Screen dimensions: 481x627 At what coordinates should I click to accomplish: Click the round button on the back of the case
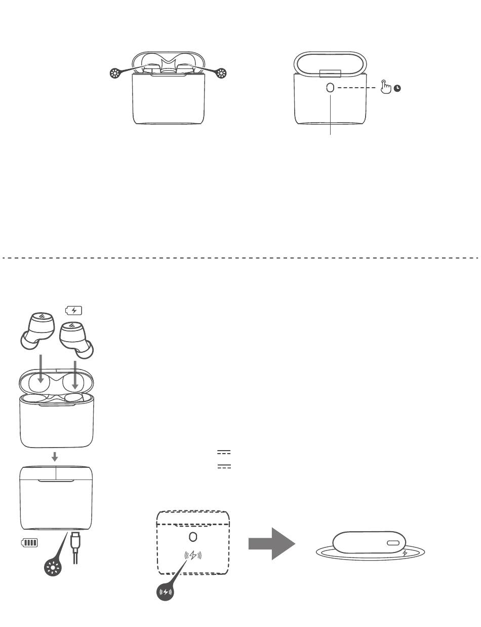pyautogui.click(x=331, y=88)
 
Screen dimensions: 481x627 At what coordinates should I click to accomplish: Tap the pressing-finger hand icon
pyautogui.click(x=386, y=87)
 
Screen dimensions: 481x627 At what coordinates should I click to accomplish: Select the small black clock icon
pyautogui.click(x=398, y=89)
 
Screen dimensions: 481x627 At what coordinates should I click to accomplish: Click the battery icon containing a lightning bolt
pyautogui.click(x=74, y=310)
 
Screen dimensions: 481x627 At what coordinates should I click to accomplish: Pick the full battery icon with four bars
pyautogui.click(x=29, y=543)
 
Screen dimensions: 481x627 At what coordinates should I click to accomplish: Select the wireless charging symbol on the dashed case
pyautogui.click(x=192, y=556)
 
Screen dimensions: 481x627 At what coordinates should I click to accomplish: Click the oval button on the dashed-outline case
pyautogui.click(x=192, y=537)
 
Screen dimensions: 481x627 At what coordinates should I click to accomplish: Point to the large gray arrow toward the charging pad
pyautogui.click(x=271, y=543)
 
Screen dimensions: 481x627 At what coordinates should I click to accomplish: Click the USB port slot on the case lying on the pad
pyautogui.click(x=393, y=543)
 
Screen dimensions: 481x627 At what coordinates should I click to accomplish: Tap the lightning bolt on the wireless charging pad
pyautogui.click(x=405, y=553)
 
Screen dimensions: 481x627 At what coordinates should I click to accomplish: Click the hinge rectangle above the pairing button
pyautogui.click(x=331, y=73)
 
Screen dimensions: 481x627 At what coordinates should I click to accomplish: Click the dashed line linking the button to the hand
pyautogui.click(x=356, y=88)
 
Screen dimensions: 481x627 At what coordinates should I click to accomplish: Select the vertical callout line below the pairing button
pyautogui.click(x=331, y=115)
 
